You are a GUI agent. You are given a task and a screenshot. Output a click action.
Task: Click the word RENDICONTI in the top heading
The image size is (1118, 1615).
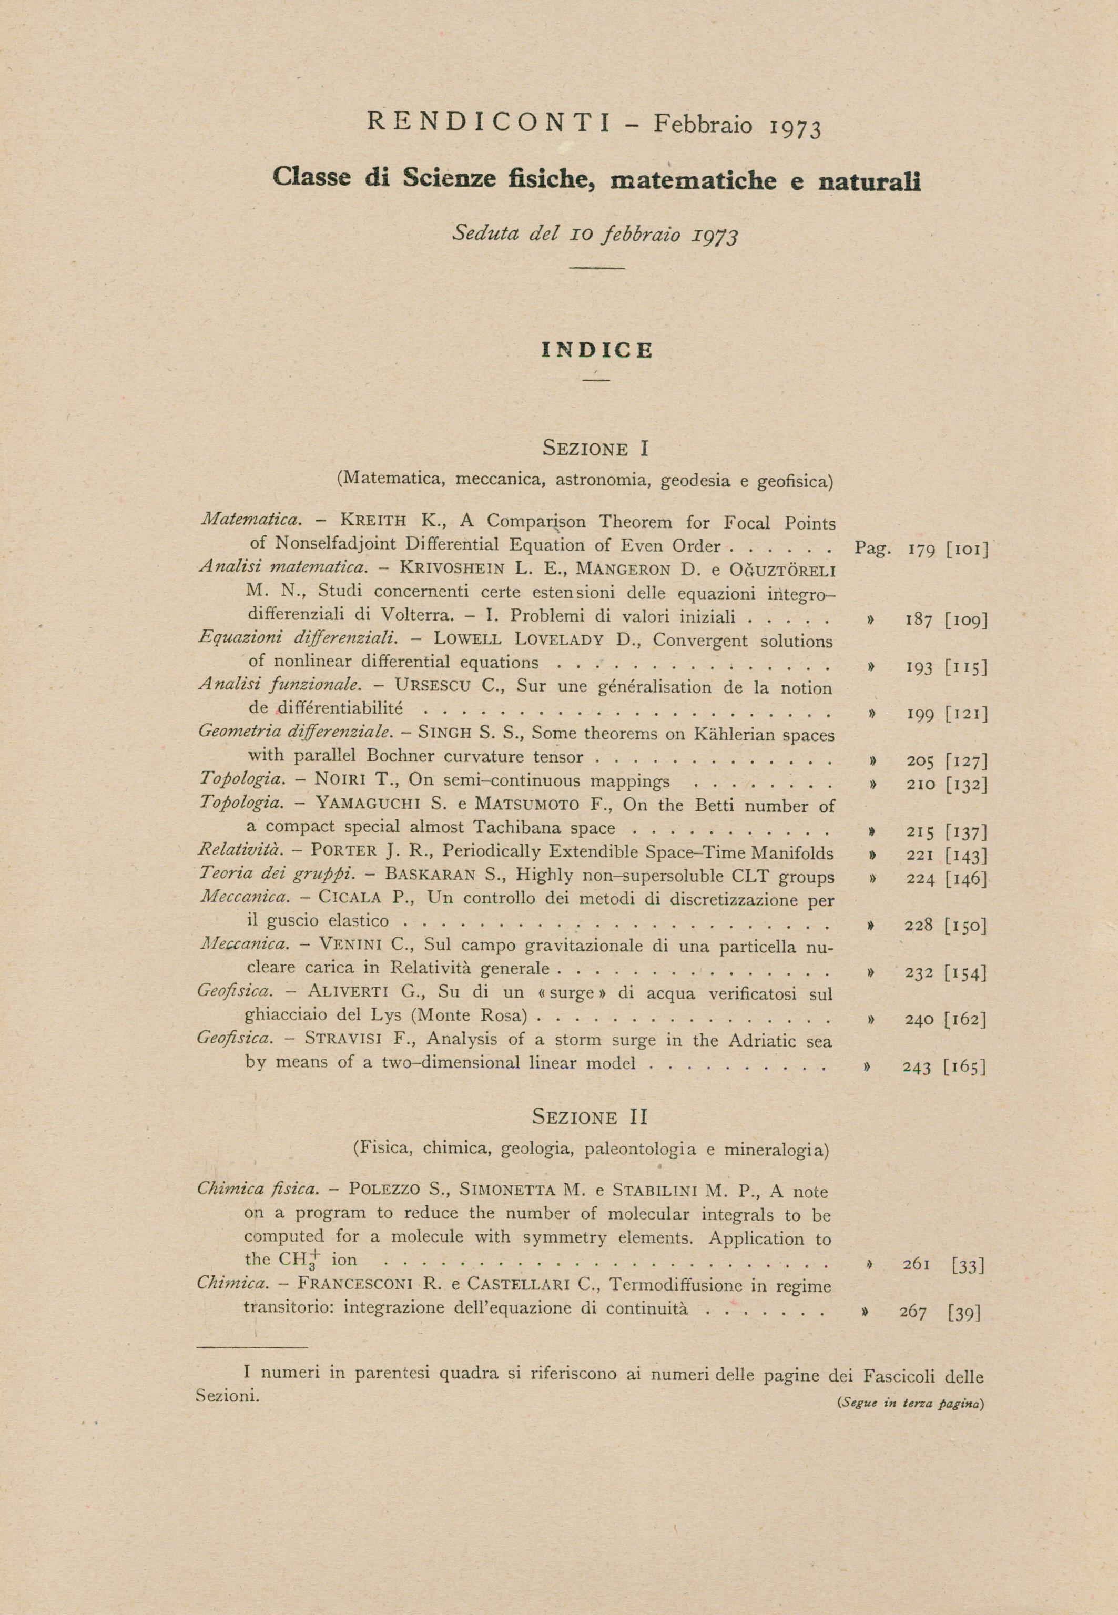pos(488,123)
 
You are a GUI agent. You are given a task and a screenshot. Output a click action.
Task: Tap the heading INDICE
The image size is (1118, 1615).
pos(597,351)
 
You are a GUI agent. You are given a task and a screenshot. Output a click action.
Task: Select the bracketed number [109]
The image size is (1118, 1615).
pos(965,620)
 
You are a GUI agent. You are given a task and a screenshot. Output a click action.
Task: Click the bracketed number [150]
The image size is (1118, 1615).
pos(965,926)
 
